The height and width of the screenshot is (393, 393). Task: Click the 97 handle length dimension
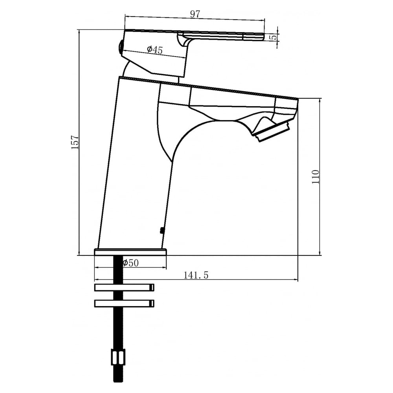195,14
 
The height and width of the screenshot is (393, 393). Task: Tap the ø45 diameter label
154,50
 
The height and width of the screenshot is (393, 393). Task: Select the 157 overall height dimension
75,142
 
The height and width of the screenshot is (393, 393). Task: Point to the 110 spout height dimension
316,177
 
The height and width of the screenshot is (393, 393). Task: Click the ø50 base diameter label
130,263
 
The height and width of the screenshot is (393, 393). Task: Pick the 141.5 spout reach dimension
196,275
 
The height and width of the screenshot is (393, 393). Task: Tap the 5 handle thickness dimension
274,37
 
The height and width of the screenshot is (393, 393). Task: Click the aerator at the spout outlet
272,131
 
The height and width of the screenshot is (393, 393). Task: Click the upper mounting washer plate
124,288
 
